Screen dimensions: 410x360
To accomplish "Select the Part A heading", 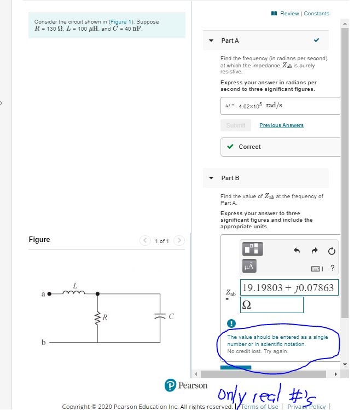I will pyautogui.click(x=230, y=41).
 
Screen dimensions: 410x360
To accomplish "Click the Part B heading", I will pyautogui.click(x=230, y=178).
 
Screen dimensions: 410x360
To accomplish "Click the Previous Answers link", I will pyautogui.click(x=281, y=125).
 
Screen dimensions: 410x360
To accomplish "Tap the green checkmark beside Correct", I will pyautogui.click(x=230, y=147).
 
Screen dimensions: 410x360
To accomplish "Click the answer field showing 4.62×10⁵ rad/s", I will pyautogui.click(x=280, y=106).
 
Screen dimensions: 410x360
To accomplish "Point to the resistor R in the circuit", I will pyautogui.click(x=98, y=316).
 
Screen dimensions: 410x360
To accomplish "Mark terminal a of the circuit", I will pyautogui.click(x=49, y=293).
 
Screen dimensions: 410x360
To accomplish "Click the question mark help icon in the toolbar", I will pyautogui.click(x=333, y=268).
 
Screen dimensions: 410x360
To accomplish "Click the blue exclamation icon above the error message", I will pyautogui.click(x=231, y=324).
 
